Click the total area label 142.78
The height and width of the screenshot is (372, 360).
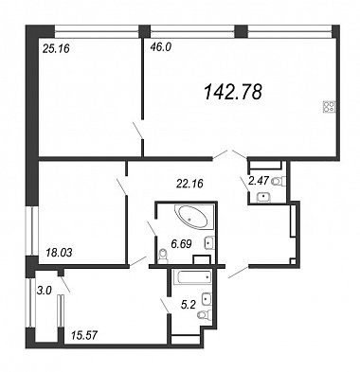coord(233,92)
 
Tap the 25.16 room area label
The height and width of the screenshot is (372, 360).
coord(55,48)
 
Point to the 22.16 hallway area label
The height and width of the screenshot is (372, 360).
coord(189,183)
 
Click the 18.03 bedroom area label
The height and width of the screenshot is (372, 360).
coord(59,252)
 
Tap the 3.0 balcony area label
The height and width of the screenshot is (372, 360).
coord(44,291)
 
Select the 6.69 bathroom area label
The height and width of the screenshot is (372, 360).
coord(181,243)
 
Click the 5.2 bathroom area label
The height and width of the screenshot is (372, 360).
coord(189,305)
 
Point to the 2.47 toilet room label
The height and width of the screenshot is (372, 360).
coord(259,181)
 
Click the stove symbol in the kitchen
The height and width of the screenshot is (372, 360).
coord(329,106)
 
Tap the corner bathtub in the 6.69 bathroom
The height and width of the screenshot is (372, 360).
coord(191,217)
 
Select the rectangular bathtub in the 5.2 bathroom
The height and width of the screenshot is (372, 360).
coord(192,278)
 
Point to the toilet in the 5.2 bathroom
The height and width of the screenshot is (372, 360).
coord(205,313)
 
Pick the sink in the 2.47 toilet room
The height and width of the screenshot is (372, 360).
coord(262,197)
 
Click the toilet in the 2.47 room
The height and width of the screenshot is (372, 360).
coord(279,181)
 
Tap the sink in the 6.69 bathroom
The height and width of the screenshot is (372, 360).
coord(209,243)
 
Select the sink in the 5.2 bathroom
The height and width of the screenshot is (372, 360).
coord(207,298)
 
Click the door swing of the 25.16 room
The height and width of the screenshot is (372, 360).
coord(137,130)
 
